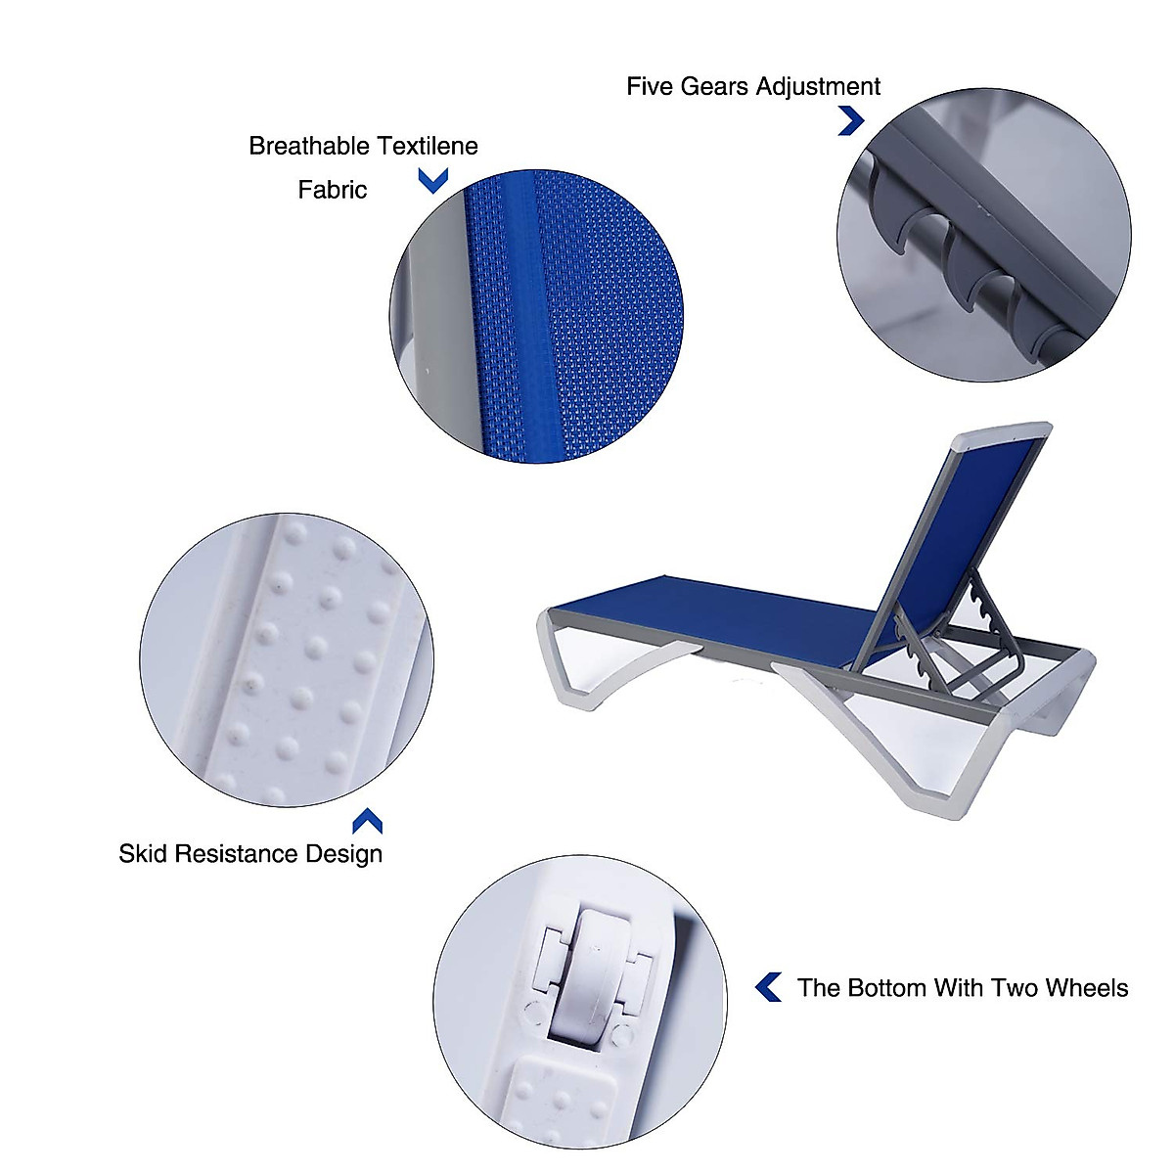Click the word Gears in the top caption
pyautogui.click(x=713, y=87)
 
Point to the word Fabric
pyautogui.click(x=332, y=190)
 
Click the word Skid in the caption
pyautogui.click(x=141, y=854)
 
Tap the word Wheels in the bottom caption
pyautogui.click(x=1086, y=988)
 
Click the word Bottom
pyautogui.click(x=885, y=988)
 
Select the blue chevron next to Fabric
pyautogui.click(x=432, y=180)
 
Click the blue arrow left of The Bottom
pyautogui.click(x=769, y=988)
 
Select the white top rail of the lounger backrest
pyautogui.click(x=998, y=433)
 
